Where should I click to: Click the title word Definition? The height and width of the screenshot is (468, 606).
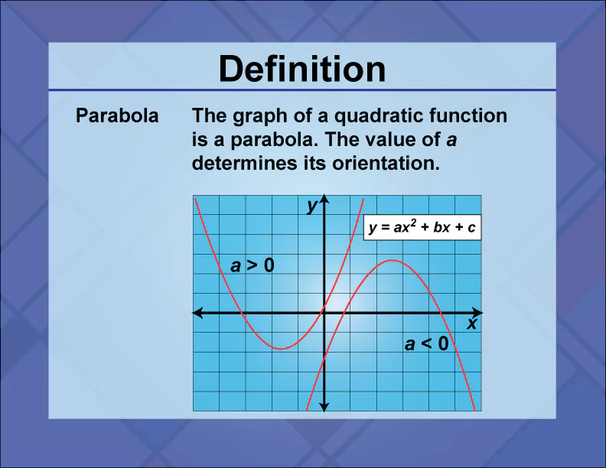click(x=302, y=70)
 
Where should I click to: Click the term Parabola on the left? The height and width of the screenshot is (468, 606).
click(x=117, y=117)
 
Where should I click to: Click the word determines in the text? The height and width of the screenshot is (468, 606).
click(x=243, y=163)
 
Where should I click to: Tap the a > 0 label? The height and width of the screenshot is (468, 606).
click(x=252, y=265)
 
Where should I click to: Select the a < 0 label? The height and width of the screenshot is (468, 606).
click(x=426, y=344)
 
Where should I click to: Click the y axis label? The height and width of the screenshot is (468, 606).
click(x=311, y=206)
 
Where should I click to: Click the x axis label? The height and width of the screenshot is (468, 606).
click(x=472, y=324)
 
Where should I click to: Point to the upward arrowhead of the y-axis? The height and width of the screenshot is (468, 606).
click(x=324, y=201)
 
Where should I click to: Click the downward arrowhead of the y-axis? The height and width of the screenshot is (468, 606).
click(x=324, y=406)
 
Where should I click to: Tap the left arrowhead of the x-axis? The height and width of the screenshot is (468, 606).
click(x=197, y=313)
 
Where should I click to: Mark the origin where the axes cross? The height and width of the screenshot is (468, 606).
click(x=324, y=313)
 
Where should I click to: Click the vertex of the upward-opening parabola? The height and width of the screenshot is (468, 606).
click(x=282, y=349)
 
